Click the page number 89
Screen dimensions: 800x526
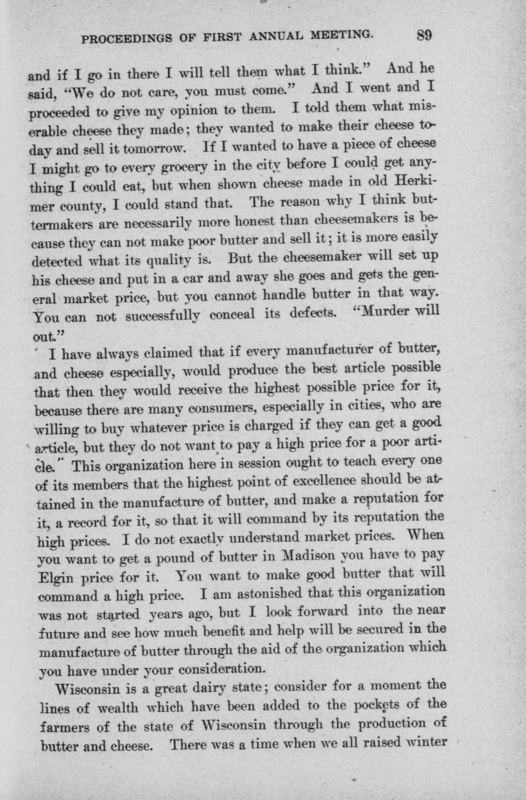[424, 35]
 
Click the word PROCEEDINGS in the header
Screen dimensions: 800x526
[126, 38]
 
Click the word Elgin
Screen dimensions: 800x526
[56, 578]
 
